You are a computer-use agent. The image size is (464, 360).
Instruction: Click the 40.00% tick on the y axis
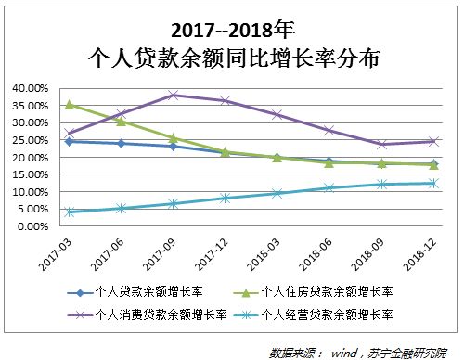[x=31, y=88]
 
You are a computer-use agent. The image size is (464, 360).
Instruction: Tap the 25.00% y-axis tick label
[x=31, y=140]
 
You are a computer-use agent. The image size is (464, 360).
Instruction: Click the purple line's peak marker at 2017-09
[x=174, y=95]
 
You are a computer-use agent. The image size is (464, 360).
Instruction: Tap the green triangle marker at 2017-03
[x=70, y=105]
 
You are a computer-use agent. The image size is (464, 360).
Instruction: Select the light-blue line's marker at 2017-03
[x=70, y=212]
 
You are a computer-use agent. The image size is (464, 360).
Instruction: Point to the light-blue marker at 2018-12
[x=433, y=183]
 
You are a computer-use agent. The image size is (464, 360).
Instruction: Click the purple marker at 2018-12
[x=433, y=141]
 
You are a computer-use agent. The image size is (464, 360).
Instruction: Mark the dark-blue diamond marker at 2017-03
[x=70, y=141]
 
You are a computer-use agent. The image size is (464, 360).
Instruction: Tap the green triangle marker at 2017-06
[x=122, y=122]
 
